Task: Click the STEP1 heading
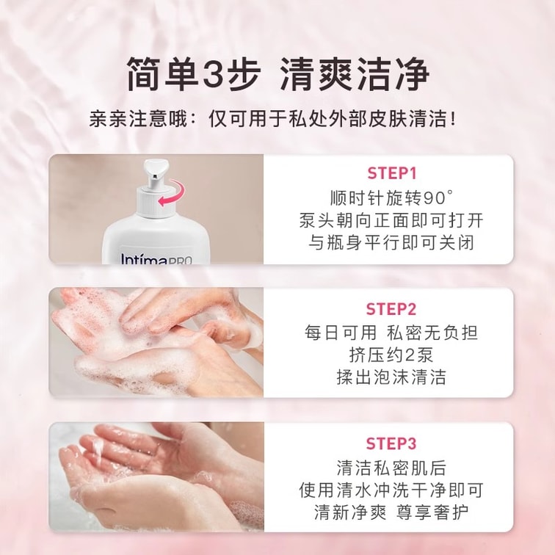[x=392, y=173]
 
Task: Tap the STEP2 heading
[x=391, y=309]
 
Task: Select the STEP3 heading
[x=391, y=443]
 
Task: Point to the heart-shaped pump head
[x=156, y=168]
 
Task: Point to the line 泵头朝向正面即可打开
[x=391, y=220]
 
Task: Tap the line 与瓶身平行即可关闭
[x=391, y=243]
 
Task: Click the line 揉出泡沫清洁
[x=391, y=377]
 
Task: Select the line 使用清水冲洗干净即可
[x=391, y=490]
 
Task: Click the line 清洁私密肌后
[x=391, y=468]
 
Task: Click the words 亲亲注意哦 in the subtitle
[x=137, y=119]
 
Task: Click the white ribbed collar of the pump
[x=155, y=203]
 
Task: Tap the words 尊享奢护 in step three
[x=432, y=512]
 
